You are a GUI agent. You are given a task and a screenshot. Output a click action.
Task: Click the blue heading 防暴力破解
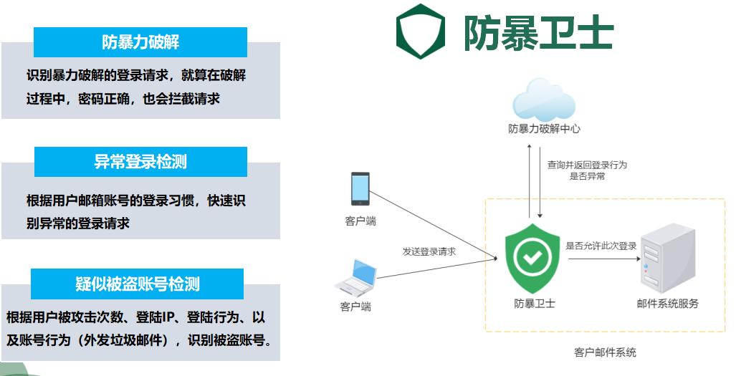(140, 42)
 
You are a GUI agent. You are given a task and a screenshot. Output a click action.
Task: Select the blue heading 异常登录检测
(140, 162)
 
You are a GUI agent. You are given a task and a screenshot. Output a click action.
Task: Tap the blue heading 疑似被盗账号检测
(138, 284)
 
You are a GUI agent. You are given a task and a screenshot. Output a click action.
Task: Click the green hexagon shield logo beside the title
(421, 31)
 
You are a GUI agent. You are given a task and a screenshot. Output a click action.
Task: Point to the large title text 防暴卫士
(538, 32)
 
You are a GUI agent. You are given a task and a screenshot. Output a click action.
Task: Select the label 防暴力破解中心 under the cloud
(544, 129)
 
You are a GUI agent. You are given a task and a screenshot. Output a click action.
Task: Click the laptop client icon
(356, 277)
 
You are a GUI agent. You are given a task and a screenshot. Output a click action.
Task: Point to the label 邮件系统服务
(667, 304)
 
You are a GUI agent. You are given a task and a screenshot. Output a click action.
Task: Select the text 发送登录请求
(429, 251)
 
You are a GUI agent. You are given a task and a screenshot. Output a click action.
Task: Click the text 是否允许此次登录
(601, 246)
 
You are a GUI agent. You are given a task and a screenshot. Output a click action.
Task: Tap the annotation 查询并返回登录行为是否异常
(587, 170)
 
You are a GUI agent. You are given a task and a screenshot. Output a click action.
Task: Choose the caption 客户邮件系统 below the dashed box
(606, 352)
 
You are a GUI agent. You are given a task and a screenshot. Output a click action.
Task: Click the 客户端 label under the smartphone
(360, 221)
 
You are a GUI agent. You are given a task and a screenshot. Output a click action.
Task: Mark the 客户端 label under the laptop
(355, 307)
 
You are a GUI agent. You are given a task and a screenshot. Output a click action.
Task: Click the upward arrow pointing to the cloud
(529, 179)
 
